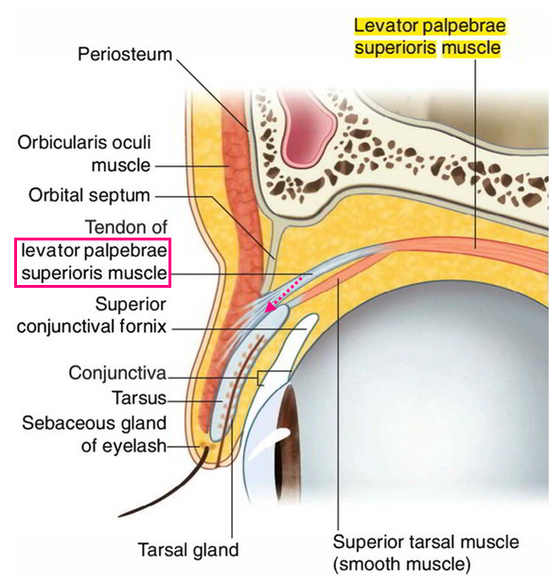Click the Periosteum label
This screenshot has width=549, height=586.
pyautogui.click(x=125, y=55)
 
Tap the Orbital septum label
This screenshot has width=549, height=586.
pyautogui.click(x=89, y=195)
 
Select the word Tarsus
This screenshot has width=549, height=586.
pyautogui.click(x=139, y=398)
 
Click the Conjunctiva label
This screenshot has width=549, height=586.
pyautogui.click(x=117, y=373)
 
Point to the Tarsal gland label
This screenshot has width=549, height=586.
pyautogui.click(x=188, y=550)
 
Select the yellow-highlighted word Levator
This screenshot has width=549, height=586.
pyautogui.click(x=386, y=27)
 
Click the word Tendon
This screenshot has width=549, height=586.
pyautogui.click(x=109, y=227)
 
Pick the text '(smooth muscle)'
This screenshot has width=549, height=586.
pyautogui.click(x=401, y=564)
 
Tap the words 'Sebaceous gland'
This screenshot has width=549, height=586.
pyautogui.click(x=94, y=423)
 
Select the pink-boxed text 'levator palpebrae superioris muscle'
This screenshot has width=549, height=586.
pyautogui.click(x=94, y=261)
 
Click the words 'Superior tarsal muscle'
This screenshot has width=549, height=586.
pyautogui.click(x=426, y=542)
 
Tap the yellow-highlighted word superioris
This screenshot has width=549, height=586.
pyautogui.click(x=396, y=48)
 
